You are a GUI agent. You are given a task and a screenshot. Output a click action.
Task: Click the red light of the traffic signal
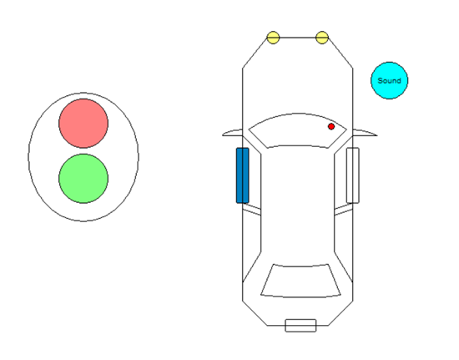click(83, 124)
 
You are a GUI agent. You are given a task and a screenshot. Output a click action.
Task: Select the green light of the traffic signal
click(83, 179)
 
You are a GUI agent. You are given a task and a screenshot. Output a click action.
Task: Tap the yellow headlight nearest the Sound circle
click(322, 38)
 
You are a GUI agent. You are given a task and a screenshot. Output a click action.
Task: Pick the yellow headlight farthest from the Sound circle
click(273, 38)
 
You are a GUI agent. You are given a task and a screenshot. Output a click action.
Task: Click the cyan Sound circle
click(390, 80)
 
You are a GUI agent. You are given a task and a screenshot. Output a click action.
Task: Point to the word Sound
click(390, 80)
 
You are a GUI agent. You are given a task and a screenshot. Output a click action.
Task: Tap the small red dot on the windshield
click(331, 126)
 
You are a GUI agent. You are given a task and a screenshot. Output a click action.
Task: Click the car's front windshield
click(297, 130)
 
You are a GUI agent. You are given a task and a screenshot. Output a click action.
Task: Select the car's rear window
click(300, 281)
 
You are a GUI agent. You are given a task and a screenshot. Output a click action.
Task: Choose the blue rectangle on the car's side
click(242, 175)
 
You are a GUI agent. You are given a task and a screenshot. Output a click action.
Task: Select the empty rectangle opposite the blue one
click(353, 175)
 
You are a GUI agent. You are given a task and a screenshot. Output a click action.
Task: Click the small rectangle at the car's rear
click(300, 326)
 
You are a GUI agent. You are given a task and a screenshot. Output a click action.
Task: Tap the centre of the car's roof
click(297, 205)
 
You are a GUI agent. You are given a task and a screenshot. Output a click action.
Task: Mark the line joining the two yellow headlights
click(297, 38)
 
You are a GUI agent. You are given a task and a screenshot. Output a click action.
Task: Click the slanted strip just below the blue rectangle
click(252, 210)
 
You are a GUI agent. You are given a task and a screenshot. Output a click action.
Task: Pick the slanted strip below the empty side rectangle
click(343, 210)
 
